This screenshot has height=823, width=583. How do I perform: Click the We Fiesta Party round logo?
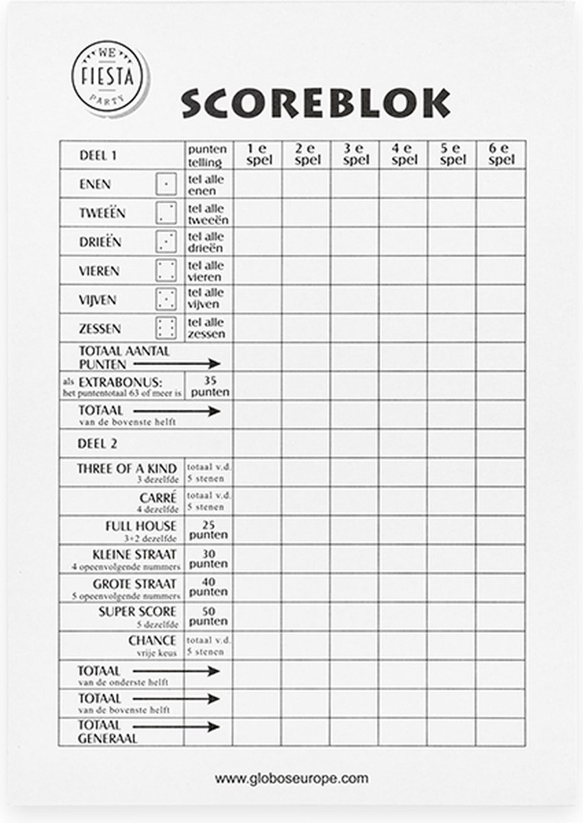pyautogui.click(x=110, y=77)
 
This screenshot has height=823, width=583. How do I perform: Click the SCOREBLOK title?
pyautogui.click(x=316, y=104)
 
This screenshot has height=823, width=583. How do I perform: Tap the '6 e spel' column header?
pyautogui.click(x=501, y=154)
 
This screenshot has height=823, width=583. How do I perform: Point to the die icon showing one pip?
pyautogui.click(x=166, y=184)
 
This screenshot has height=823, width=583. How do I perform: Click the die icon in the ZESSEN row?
pyautogui.click(x=166, y=328)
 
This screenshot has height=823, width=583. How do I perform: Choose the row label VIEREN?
pyautogui.click(x=99, y=271)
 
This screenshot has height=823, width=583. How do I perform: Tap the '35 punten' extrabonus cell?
pyautogui.click(x=208, y=386)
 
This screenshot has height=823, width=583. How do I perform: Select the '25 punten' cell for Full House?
pyautogui.click(x=208, y=529)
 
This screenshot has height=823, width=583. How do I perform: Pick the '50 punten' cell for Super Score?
pyautogui.click(x=208, y=616)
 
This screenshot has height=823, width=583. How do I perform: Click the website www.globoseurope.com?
pyautogui.click(x=291, y=778)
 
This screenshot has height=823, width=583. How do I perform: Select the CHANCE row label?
pyautogui.click(x=152, y=641)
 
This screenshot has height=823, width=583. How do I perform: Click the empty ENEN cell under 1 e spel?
pyautogui.click(x=257, y=184)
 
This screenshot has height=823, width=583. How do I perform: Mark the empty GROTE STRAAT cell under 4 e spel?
pyautogui.click(x=403, y=588)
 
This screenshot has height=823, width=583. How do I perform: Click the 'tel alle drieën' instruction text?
pyautogui.click(x=208, y=241)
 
